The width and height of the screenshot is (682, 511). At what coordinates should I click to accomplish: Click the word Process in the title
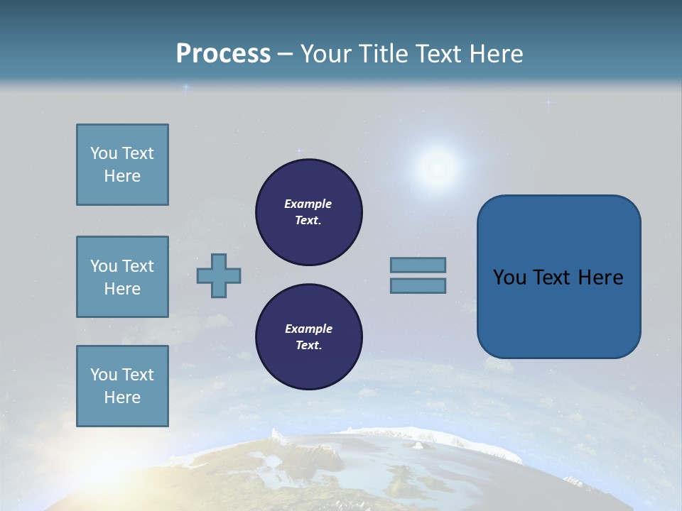pyautogui.click(x=223, y=54)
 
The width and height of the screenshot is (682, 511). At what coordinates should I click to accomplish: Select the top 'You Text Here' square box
pyautogui.click(x=122, y=165)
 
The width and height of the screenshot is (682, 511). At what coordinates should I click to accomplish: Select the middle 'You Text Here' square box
pyautogui.click(x=122, y=277)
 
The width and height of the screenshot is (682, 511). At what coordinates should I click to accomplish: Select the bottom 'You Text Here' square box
pyautogui.click(x=122, y=386)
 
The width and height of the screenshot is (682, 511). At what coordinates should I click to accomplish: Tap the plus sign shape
pyautogui.click(x=219, y=275)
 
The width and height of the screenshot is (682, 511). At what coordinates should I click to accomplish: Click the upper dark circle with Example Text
pyautogui.click(x=308, y=212)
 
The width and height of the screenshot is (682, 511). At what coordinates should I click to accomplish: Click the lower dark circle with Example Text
pyautogui.click(x=308, y=337)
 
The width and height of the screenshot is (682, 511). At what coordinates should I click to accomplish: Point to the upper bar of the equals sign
pyautogui.click(x=418, y=265)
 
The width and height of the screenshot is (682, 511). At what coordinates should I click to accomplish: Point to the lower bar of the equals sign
pyautogui.click(x=418, y=286)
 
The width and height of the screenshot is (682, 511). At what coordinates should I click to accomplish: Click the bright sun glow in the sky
pyautogui.click(x=435, y=167)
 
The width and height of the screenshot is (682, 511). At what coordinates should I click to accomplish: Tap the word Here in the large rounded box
pyautogui.click(x=600, y=278)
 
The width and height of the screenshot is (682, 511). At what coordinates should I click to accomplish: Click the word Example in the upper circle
pyautogui.click(x=308, y=204)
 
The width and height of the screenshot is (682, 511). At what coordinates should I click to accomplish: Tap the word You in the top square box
pyautogui.click(x=104, y=153)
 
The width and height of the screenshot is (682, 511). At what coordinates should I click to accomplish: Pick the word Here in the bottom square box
pyautogui.click(x=122, y=397)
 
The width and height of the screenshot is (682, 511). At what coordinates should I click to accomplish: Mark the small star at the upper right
pyautogui.click(x=548, y=103)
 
